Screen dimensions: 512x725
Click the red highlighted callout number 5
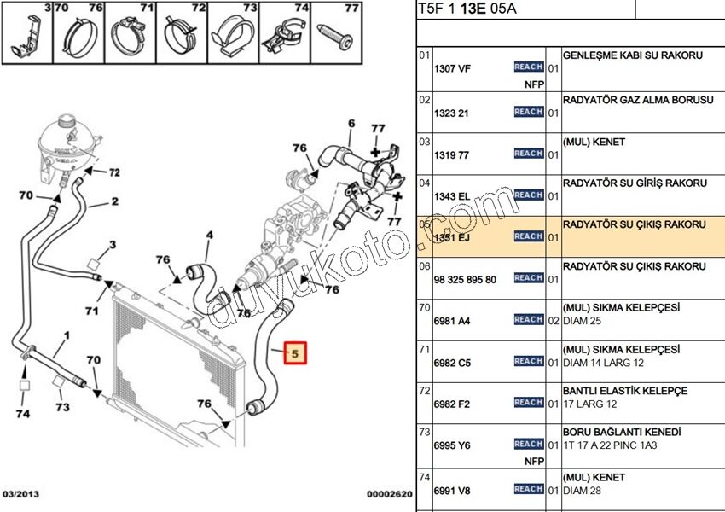coord(295,352)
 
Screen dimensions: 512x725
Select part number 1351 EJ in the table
coord(452,237)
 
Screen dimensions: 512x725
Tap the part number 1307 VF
coord(451,70)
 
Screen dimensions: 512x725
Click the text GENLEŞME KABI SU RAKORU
coord(633,55)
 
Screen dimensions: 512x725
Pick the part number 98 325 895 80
coord(465,279)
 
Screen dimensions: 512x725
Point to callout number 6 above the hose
coord(351,125)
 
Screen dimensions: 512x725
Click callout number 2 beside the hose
coord(114,202)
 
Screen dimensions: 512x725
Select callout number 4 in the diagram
coord(209,235)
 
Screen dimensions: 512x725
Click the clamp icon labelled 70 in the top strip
coord(78,39)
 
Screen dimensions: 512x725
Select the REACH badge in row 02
coord(529,112)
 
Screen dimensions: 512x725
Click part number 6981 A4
coord(452,321)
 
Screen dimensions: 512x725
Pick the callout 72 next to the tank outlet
coord(113,172)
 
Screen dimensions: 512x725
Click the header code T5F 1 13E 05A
coord(467,10)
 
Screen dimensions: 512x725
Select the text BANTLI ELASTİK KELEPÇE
coord(625,391)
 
